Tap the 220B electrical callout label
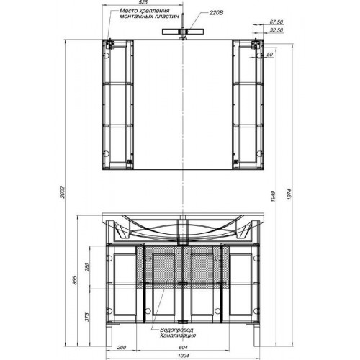tap(216, 13)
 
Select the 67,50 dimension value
tap(276, 22)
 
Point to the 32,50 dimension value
tap(276, 30)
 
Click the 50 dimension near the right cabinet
tap(270, 55)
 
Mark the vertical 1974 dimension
tap(289, 194)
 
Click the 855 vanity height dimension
tap(74, 280)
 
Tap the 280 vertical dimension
tap(86, 267)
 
